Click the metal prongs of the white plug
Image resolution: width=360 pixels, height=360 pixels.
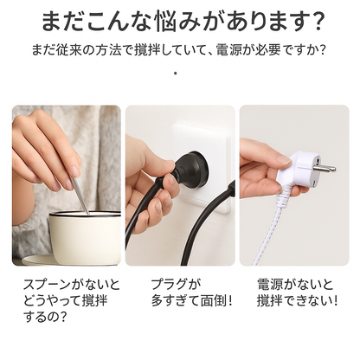pyautogui.click(x=325, y=168)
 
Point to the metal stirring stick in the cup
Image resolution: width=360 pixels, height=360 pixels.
pyautogui.click(x=80, y=196)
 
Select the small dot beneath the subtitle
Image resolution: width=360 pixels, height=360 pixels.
pyautogui.click(x=176, y=73)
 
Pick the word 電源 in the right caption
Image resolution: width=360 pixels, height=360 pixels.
pyautogui.click(x=269, y=285)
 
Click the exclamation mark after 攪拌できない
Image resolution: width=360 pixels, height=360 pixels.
pyautogui.click(x=335, y=301)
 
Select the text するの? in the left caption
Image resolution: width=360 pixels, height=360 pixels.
pyautogui.click(x=45, y=317)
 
